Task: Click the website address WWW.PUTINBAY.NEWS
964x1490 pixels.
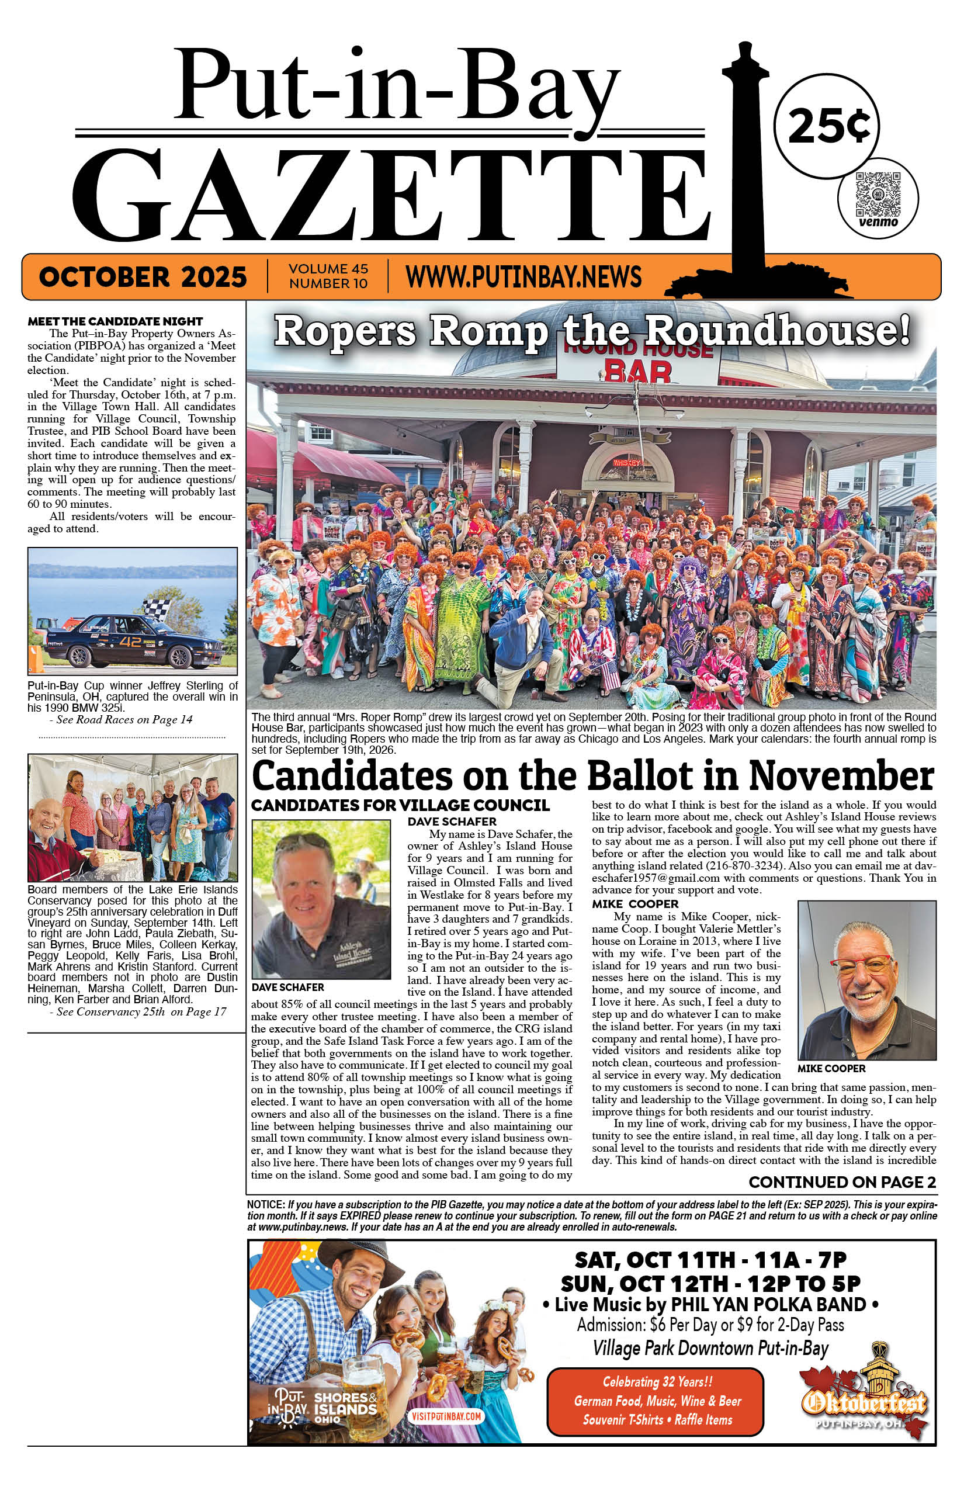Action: click(523, 276)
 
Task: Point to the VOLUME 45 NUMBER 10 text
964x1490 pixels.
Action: click(328, 276)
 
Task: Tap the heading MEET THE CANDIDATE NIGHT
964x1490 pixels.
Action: click(115, 321)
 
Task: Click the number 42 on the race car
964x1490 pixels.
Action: click(131, 641)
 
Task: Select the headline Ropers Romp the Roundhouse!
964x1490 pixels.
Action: click(591, 331)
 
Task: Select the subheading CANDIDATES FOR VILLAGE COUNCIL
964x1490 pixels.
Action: click(400, 805)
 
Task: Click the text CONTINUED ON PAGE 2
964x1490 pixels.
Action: click(842, 1182)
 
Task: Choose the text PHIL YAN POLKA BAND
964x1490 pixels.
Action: click(768, 1305)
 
